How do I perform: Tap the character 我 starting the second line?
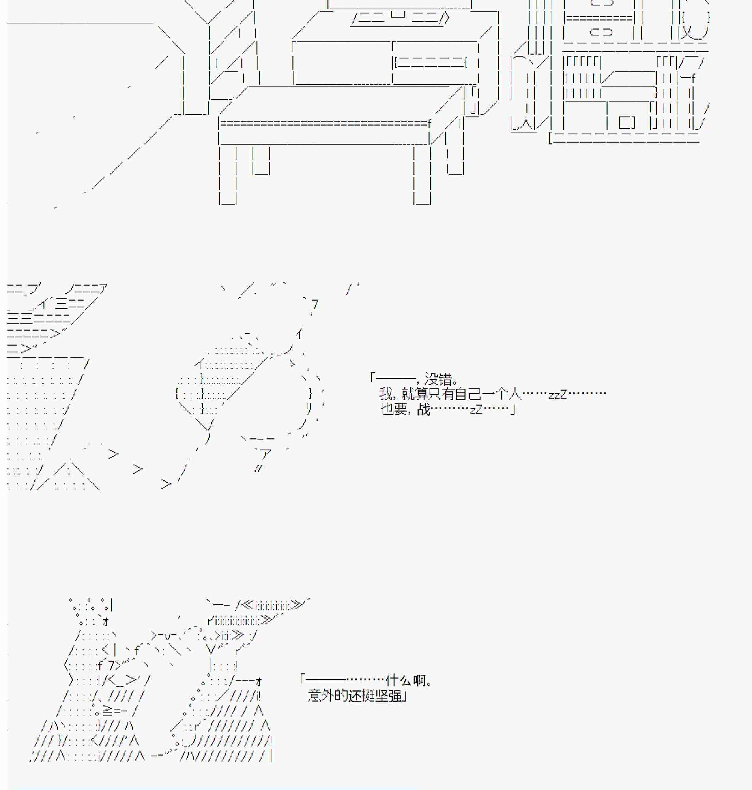click(x=385, y=394)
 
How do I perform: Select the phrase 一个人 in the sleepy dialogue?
click(x=501, y=394)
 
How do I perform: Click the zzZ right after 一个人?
click(x=557, y=395)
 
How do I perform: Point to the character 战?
click(x=423, y=409)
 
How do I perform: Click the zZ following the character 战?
click(x=476, y=410)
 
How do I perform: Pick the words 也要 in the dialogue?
click(x=394, y=409)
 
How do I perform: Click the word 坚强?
click(x=388, y=696)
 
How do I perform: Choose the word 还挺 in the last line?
click(x=361, y=696)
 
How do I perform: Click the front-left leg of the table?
click(x=228, y=175)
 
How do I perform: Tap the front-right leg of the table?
click(x=423, y=175)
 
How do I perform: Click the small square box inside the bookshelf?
click(x=627, y=122)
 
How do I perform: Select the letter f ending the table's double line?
click(x=429, y=124)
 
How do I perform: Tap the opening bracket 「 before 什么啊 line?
click(x=303, y=679)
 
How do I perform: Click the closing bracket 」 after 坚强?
click(x=405, y=697)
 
